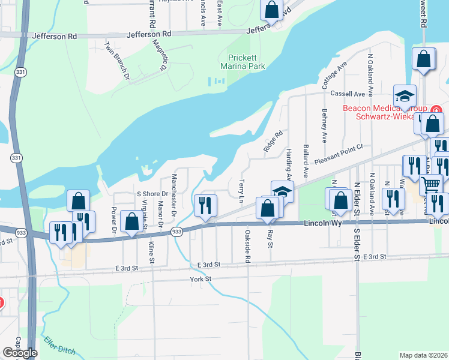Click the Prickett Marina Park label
click(x=242, y=62)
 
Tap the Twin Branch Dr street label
click(x=117, y=61)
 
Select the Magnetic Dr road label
click(x=158, y=55)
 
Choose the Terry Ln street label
click(x=242, y=190)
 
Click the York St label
click(x=200, y=279)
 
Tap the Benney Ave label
click(x=324, y=120)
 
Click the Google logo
click(x=20, y=353)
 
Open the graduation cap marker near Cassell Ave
click(x=405, y=95)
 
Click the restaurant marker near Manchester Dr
click(x=205, y=205)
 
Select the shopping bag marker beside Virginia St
click(x=131, y=221)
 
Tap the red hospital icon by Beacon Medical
click(x=435, y=110)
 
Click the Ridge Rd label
click(x=273, y=142)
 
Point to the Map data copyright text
click(x=423, y=355)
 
